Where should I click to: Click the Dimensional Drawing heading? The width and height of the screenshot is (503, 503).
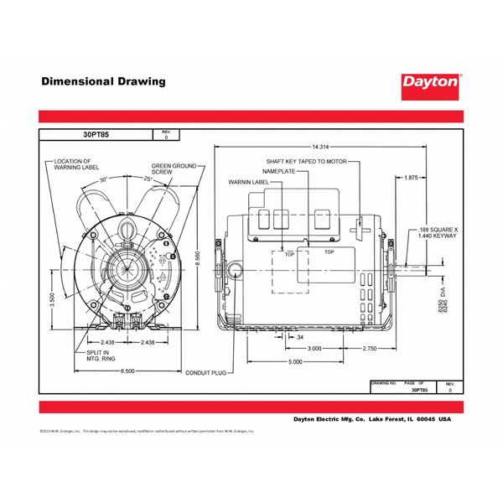[103, 82]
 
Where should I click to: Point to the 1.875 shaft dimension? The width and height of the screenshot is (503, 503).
[410, 178]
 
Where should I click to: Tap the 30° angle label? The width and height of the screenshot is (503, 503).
[104, 179]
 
